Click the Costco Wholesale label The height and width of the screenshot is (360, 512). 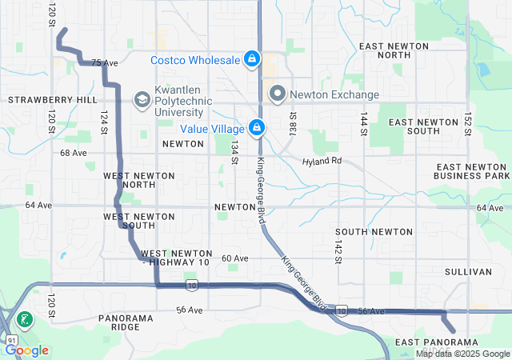tap(195, 60)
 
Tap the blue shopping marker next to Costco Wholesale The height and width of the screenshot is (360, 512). tap(252, 59)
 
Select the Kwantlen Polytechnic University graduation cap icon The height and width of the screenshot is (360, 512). tap(142, 98)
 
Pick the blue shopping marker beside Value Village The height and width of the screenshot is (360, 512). tap(257, 127)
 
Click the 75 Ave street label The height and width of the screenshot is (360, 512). tap(104, 62)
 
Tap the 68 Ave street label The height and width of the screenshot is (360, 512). tap(73, 153)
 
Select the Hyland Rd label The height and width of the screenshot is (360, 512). tap(322, 161)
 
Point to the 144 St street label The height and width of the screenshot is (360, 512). tap(364, 123)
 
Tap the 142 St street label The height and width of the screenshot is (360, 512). tap(338, 249)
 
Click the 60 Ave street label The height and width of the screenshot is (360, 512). tap(235, 258)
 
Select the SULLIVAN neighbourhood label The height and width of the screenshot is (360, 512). tap(468, 272)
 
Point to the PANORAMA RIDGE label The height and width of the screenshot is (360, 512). tap(126, 322)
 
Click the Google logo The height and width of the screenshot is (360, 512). tap(26, 350)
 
